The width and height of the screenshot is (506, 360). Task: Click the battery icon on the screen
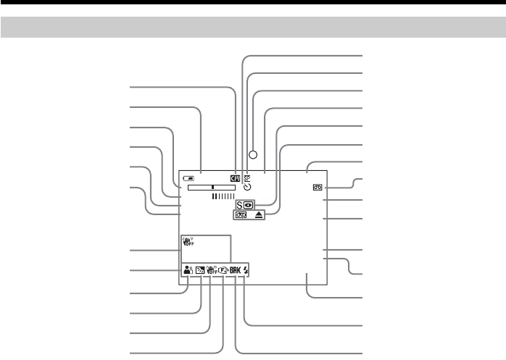click(189, 177)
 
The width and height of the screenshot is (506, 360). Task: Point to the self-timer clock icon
click(248, 187)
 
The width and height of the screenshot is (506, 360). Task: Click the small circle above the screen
click(253, 154)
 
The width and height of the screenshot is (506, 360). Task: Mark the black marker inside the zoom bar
click(212, 187)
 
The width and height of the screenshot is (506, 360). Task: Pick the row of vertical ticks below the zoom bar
click(223, 196)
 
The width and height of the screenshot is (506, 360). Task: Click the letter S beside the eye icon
click(239, 205)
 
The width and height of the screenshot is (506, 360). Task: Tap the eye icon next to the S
click(248, 205)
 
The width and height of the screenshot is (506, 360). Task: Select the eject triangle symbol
click(259, 215)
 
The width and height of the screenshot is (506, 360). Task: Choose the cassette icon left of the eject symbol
click(240, 215)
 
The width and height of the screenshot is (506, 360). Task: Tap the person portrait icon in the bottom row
click(189, 272)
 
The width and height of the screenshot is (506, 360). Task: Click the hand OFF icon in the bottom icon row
click(212, 272)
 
